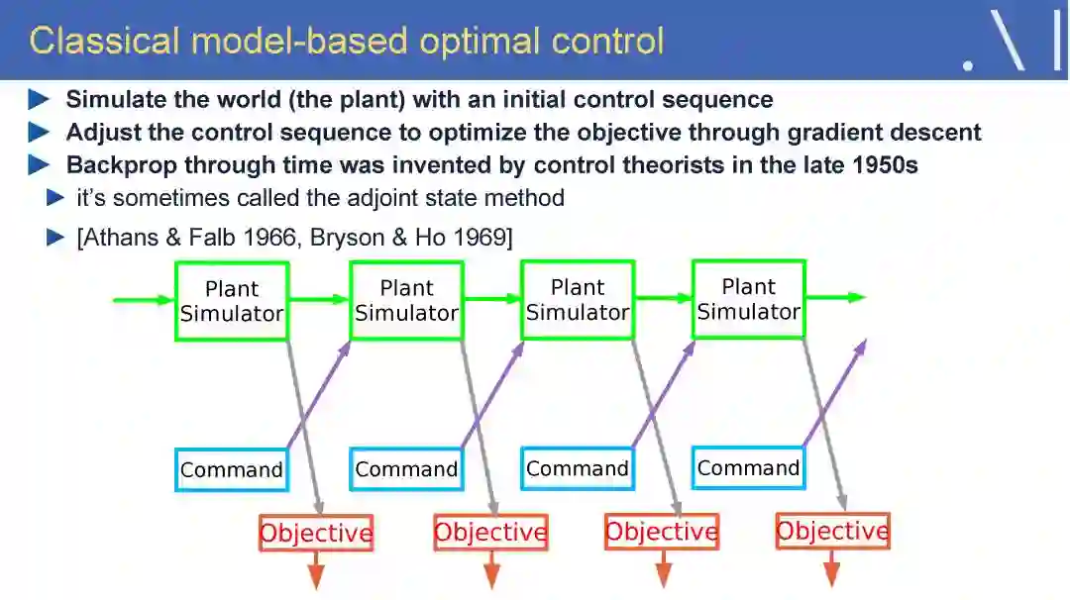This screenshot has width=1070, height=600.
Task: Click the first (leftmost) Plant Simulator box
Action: [x=232, y=301]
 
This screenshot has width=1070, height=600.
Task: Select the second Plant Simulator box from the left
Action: [x=406, y=300]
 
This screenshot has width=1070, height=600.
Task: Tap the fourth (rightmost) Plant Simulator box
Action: [x=748, y=299]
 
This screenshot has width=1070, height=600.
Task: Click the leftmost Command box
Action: [x=232, y=469]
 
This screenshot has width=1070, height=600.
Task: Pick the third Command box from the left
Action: [x=578, y=468]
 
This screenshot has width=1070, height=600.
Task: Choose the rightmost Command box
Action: [x=748, y=467]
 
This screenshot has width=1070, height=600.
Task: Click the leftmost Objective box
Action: [x=316, y=534]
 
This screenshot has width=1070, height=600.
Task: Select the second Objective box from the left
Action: [x=490, y=533]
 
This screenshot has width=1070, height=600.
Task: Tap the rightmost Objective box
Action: [x=832, y=532]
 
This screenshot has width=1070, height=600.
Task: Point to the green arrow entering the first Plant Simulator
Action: [x=144, y=299]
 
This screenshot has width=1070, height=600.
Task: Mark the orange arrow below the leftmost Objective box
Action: [x=316, y=569]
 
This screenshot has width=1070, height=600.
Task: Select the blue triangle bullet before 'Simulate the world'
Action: [x=39, y=100]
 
